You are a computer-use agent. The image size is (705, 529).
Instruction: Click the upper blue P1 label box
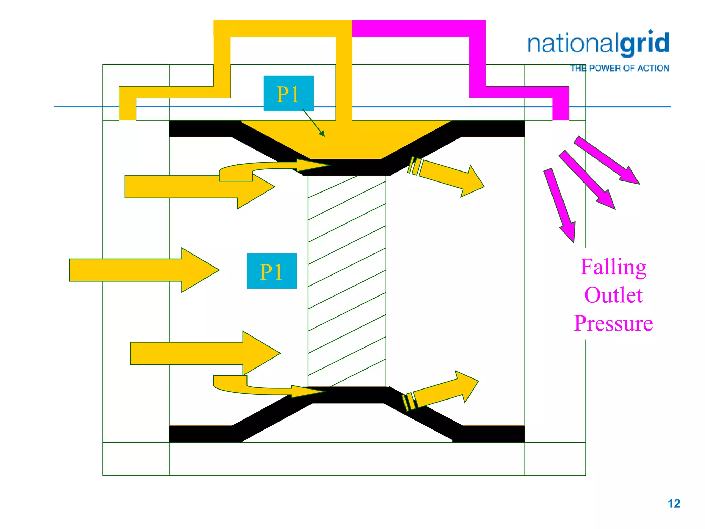[288, 93]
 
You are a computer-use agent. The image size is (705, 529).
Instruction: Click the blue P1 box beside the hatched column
[272, 271]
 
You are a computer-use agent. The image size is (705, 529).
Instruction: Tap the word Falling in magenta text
[613, 268]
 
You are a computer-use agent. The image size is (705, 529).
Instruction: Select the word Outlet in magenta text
[613, 295]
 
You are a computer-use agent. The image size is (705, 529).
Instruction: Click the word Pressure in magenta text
[613, 323]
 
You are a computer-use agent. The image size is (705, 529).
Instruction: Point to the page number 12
[674, 504]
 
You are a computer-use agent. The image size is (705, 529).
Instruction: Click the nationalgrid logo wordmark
[598, 44]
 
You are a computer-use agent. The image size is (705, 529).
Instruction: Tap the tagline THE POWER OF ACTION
[619, 68]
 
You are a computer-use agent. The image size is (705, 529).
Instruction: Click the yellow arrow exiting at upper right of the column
[451, 176]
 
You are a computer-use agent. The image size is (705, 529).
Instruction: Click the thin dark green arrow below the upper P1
[314, 123]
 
